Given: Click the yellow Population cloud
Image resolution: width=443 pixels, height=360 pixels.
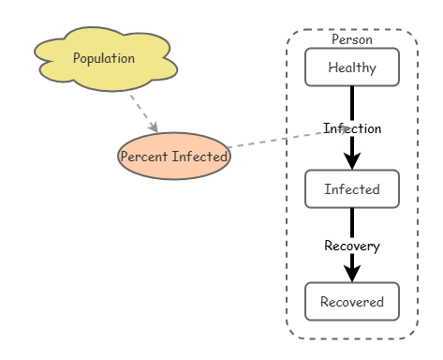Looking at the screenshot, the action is (x=106, y=59).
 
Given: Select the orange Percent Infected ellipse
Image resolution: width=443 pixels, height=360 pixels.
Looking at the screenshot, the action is (x=174, y=156).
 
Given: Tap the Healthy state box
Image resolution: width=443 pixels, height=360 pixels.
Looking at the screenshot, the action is (x=352, y=67).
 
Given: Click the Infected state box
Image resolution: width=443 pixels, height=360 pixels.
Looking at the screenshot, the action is (x=352, y=188).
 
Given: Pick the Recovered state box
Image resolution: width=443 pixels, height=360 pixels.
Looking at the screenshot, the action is (x=352, y=301).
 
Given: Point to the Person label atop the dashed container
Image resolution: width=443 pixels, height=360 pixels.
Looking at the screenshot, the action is (x=352, y=39).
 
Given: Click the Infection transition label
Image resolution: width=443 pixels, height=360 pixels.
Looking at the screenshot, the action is (x=352, y=128).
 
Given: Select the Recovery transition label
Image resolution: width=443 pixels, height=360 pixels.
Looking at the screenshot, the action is (x=352, y=246).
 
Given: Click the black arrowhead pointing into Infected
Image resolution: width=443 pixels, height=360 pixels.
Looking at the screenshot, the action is (x=352, y=161).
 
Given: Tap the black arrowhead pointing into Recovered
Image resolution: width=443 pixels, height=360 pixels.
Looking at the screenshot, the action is (x=352, y=274).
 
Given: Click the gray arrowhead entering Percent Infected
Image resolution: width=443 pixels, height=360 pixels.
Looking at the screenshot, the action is (x=154, y=127).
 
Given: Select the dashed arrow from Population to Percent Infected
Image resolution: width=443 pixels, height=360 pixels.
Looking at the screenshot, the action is (x=144, y=113).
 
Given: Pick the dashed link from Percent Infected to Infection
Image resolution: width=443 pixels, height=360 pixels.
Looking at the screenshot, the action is (x=288, y=138).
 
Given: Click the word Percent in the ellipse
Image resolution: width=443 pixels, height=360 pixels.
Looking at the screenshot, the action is (x=144, y=157).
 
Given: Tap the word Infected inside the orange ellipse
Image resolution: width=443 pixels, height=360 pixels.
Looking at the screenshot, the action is (x=199, y=157).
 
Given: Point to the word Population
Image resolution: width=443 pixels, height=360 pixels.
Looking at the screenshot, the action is (x=104, y=58).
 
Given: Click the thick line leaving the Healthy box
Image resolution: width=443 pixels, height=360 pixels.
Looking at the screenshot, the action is (x=352, y=103).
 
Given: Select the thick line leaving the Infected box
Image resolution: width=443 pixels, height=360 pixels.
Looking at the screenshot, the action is (x=352, y=222).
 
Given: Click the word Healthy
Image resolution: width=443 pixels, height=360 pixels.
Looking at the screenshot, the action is (x=352, y=67).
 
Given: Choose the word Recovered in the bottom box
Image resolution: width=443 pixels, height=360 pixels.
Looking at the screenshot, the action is (x=352, y=302).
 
